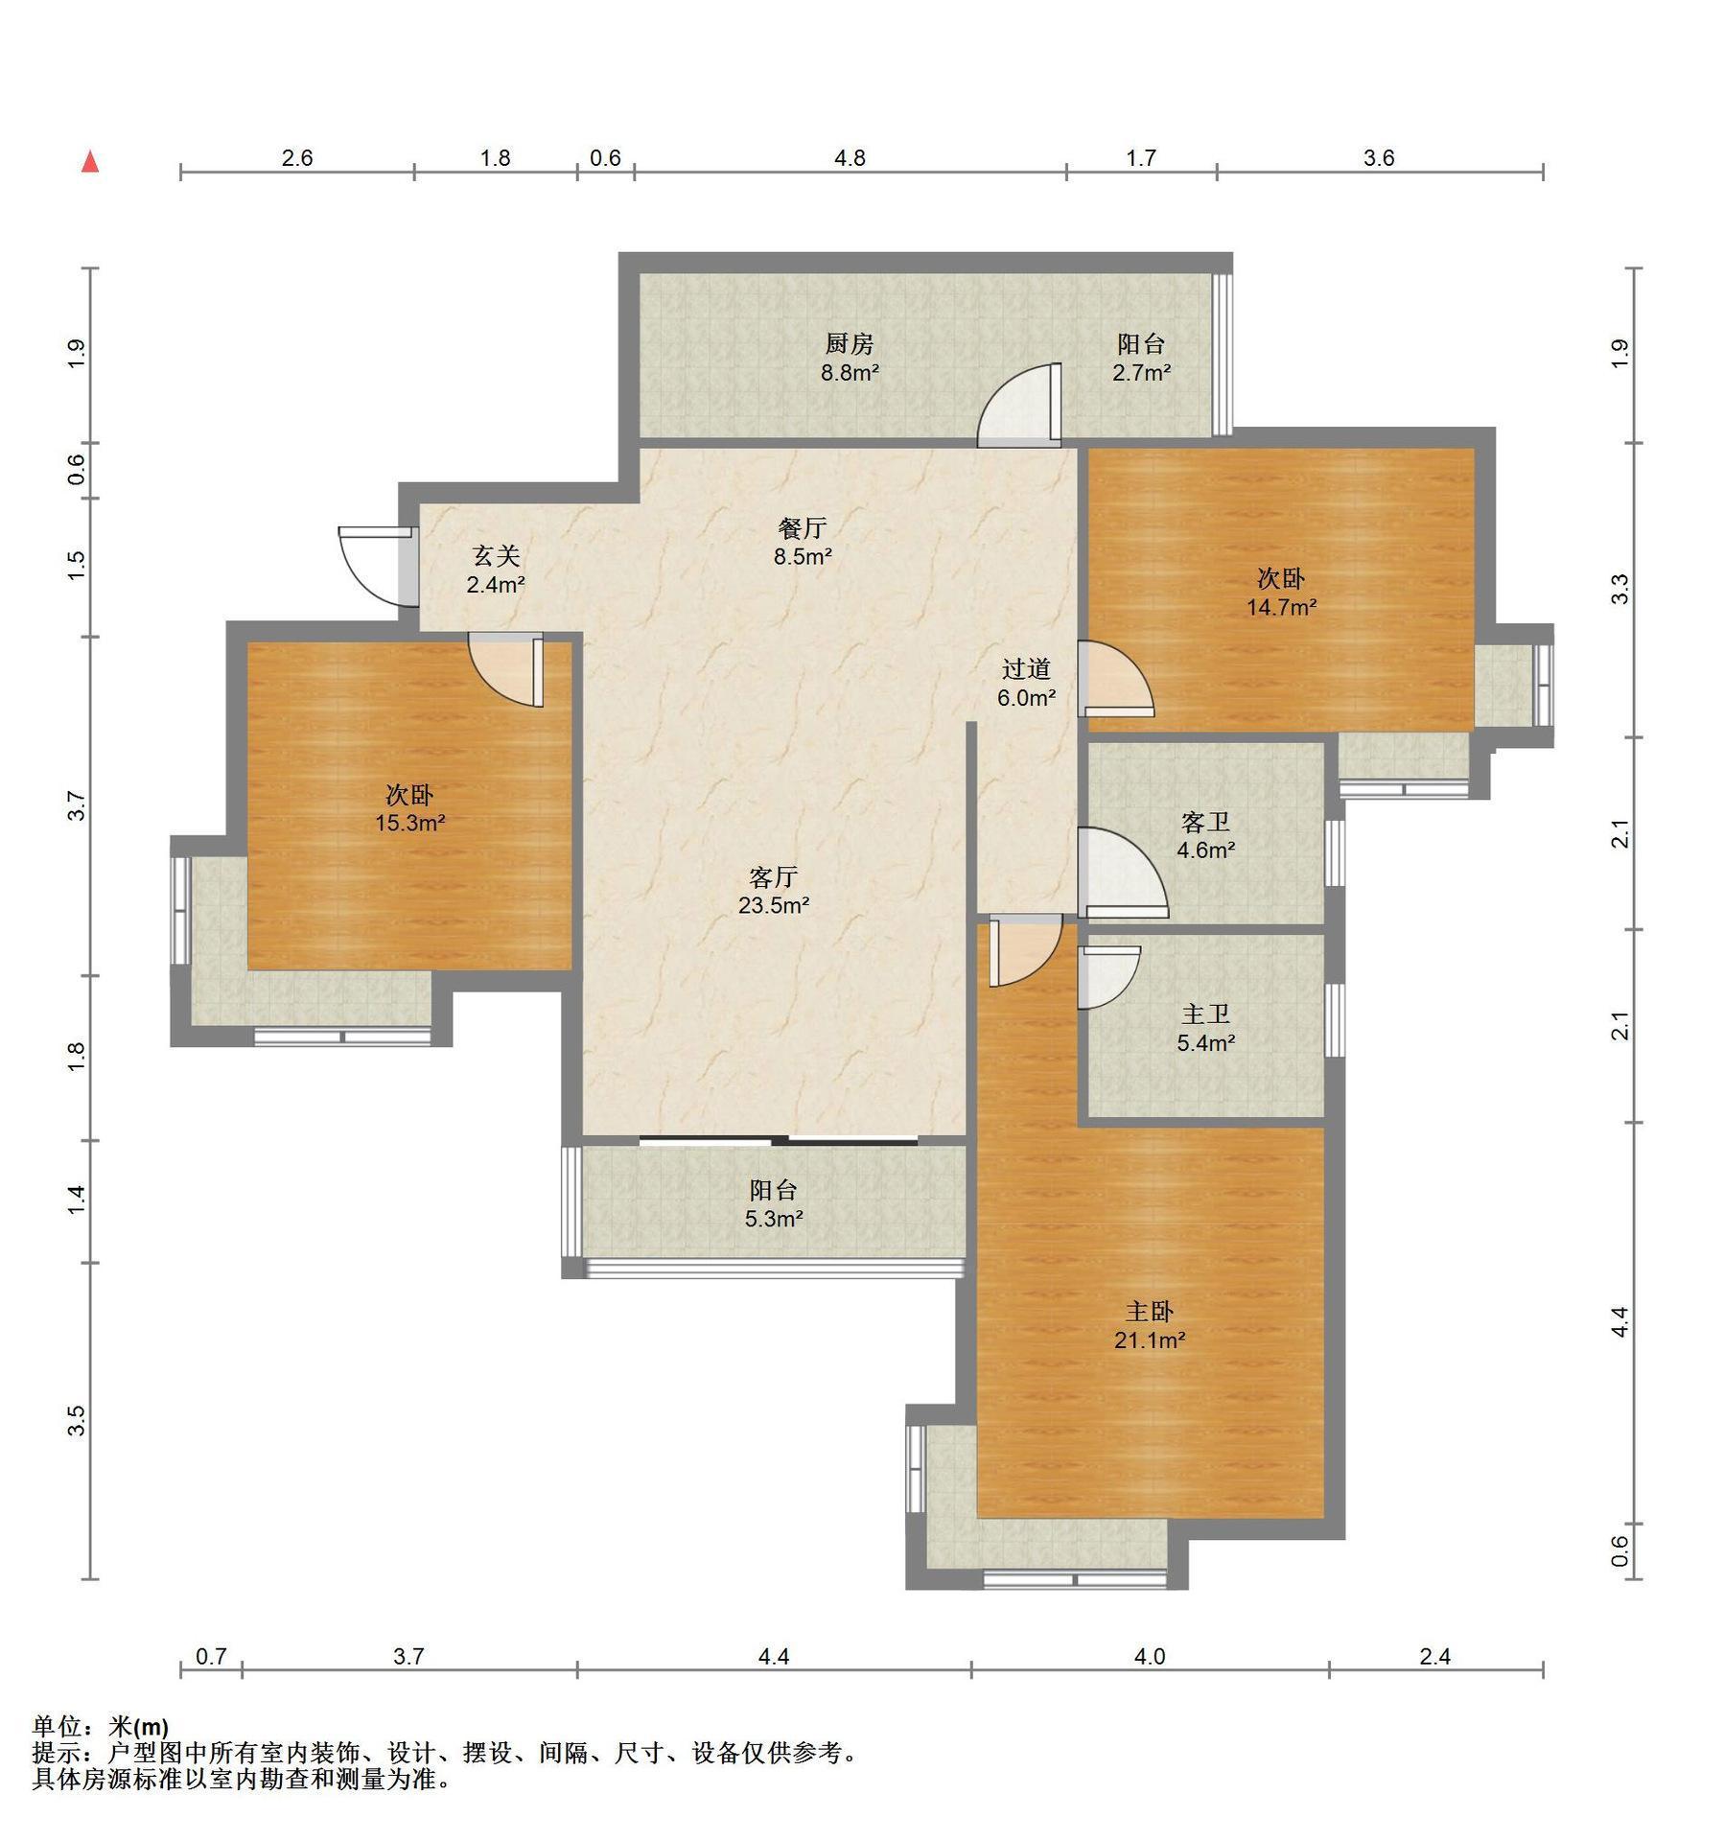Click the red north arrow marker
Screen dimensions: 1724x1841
[x=91, y=161]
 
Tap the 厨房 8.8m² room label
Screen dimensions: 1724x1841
[x=850, y=358]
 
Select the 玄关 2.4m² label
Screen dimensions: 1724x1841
[x=495, y=570]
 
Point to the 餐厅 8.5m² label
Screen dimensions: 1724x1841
[x=803, y=542]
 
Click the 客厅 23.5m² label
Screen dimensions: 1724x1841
[x=774, y=891]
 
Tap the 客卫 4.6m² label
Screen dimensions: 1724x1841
[x=1205, y=835]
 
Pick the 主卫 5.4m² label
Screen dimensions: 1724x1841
[x=1205, y=1028]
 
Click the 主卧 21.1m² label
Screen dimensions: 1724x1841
[x=1150, y=1325]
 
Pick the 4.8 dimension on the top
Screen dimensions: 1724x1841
[x=850, y=157]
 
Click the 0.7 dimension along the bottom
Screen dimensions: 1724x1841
[x=211, y=1656]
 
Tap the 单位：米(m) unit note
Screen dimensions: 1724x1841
[x=102, y=1727]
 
